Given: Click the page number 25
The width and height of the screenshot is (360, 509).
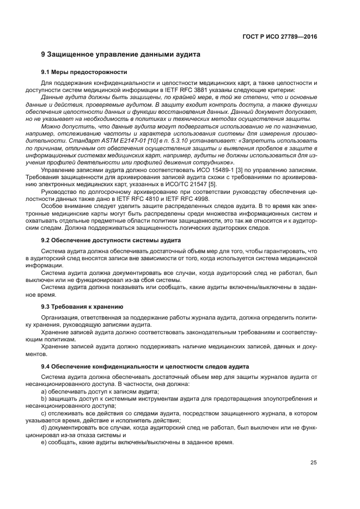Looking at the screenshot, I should pos(313,463).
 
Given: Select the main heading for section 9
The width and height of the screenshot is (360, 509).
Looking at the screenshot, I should pos(121,55).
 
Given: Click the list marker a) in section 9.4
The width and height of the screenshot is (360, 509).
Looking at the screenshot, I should pos(44,391).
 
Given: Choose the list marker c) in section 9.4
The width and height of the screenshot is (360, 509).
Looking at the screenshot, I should pos(44,413).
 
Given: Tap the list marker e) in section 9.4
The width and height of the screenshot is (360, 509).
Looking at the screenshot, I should pos(44,442).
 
